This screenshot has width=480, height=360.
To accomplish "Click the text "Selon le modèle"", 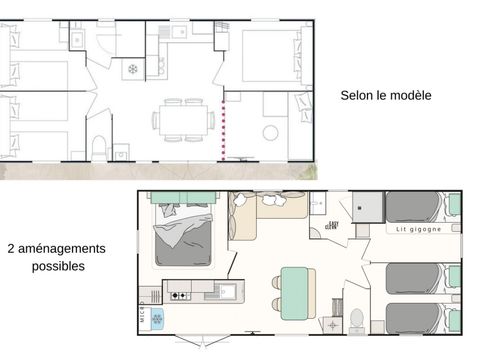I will [x=386, y=95].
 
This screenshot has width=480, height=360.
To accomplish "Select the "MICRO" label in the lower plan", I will [x=142, y=303].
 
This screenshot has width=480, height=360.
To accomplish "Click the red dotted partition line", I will [x=223, y=130].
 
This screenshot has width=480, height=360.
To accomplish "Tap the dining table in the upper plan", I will [x=183, y=120].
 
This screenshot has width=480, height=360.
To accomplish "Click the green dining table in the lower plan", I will [x=294, y=292].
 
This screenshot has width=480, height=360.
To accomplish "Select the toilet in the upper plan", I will [x=98, y=149].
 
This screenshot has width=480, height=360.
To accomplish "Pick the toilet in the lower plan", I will [x=356, y=319].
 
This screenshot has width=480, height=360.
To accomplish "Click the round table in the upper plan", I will [x=270, y=132].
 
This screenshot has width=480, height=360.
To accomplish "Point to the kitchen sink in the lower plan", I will [x=225, y=292].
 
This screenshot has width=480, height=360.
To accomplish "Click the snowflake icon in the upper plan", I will [x=131, y=70].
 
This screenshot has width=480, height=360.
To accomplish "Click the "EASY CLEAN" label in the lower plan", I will [x=332, y=226].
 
